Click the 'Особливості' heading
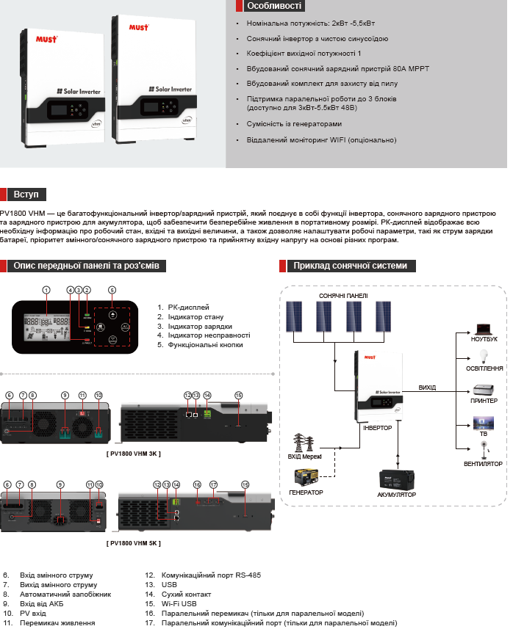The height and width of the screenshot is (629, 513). pyautogui.click(x=273, y=6)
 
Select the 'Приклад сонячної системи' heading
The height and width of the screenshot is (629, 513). pyautogui.click(x=349, y=266)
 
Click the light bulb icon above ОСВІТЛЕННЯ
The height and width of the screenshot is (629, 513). pyautogui.click(x=484, y=357)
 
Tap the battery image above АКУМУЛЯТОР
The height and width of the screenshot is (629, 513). pyautogui.click(x=396, y=479)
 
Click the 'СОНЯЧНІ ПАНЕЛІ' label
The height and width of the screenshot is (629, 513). pyautogui.click(x=337, y=295)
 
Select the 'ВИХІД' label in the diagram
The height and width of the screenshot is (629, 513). pyautogui.click(x=427, y=387)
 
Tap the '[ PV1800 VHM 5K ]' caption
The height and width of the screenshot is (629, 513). pyautogui.click(x=133, y=543)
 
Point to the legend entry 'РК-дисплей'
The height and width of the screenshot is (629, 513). pyautogui.click(x=188, y=308)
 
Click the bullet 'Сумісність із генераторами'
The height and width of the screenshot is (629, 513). pyautogui.click(x=294, y=124)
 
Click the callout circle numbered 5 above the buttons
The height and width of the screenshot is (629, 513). pyautogui.click(x=112, y=289)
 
